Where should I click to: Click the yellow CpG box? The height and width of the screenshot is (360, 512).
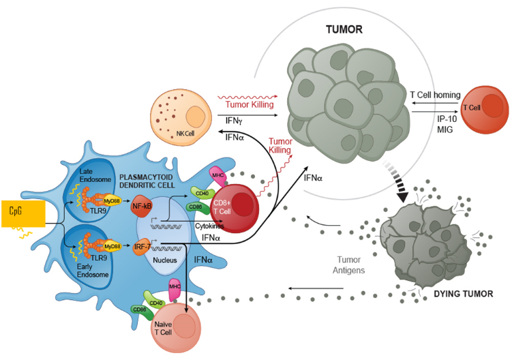point(23,213)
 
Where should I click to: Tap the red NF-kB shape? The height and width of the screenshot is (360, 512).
point(141,206)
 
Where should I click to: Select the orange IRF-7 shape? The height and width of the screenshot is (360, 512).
point(142,246)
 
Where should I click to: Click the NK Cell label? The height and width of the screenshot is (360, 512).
point(185,133)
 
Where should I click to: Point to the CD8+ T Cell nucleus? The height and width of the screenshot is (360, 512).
point(243,204)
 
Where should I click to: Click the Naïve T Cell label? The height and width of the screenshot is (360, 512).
point(163,329)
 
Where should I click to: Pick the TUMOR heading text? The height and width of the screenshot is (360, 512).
point(344,29)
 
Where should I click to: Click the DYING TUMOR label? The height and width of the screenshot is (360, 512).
point(464,294)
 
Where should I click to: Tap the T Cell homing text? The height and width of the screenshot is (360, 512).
point(435,95)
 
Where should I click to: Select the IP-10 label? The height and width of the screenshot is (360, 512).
point(447,119)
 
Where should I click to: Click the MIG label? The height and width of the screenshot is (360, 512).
point(445,130)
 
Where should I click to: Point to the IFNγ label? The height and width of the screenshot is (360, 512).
point(234,121)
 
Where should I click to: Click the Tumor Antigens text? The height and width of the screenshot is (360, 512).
point(349,265)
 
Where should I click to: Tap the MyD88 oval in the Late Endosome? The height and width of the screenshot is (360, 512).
point(112,200)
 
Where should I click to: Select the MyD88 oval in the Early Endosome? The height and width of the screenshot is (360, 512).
point(112,246)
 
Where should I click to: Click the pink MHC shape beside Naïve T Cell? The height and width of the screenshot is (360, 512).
point(175,290)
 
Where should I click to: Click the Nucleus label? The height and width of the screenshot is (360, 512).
point(165,260)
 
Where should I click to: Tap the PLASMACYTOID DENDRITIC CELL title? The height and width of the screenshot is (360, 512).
point(147,181)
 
